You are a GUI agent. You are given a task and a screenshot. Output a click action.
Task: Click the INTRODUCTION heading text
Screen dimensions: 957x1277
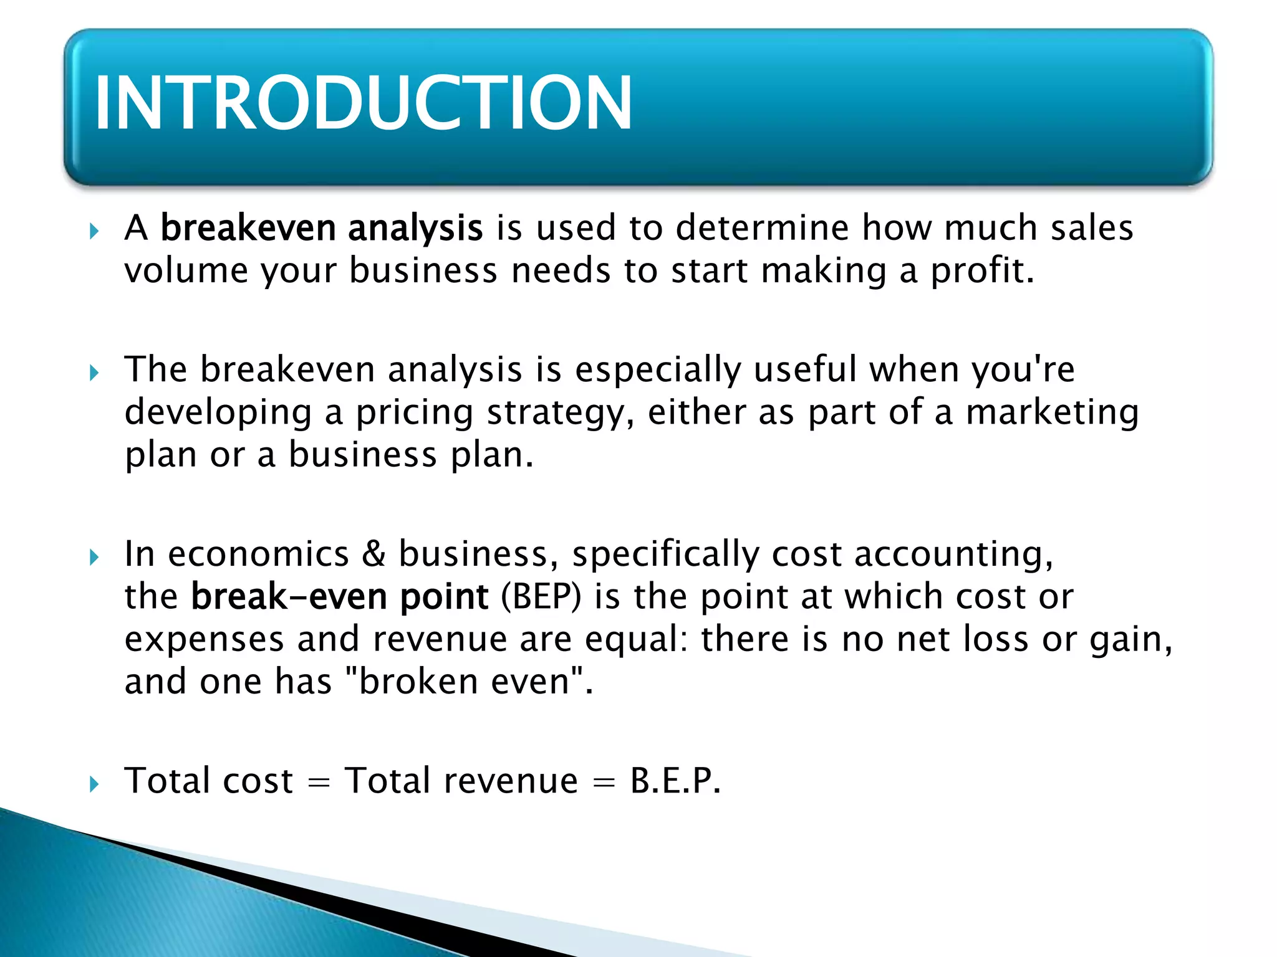point(363,103)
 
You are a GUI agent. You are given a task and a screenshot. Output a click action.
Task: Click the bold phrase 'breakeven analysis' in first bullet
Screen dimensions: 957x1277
point(322,228)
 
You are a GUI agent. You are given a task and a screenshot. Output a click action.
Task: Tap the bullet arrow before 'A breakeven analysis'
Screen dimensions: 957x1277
point(94,232)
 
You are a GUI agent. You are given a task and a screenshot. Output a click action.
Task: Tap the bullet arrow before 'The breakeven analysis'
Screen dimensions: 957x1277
point(94,373)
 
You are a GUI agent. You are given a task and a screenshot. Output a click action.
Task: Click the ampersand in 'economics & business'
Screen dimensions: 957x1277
point(373,554)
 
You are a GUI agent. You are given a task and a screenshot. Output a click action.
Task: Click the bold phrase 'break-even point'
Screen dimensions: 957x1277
point(339,597)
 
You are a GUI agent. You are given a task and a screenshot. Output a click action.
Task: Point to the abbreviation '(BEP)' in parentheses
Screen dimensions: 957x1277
point(541,597)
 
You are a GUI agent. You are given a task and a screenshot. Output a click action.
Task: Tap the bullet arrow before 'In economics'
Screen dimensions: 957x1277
point(94,557)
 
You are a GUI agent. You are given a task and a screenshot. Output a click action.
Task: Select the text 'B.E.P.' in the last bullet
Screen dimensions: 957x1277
point(675,781)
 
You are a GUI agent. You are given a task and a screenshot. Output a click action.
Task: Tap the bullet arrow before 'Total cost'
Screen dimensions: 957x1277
point(94,784)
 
